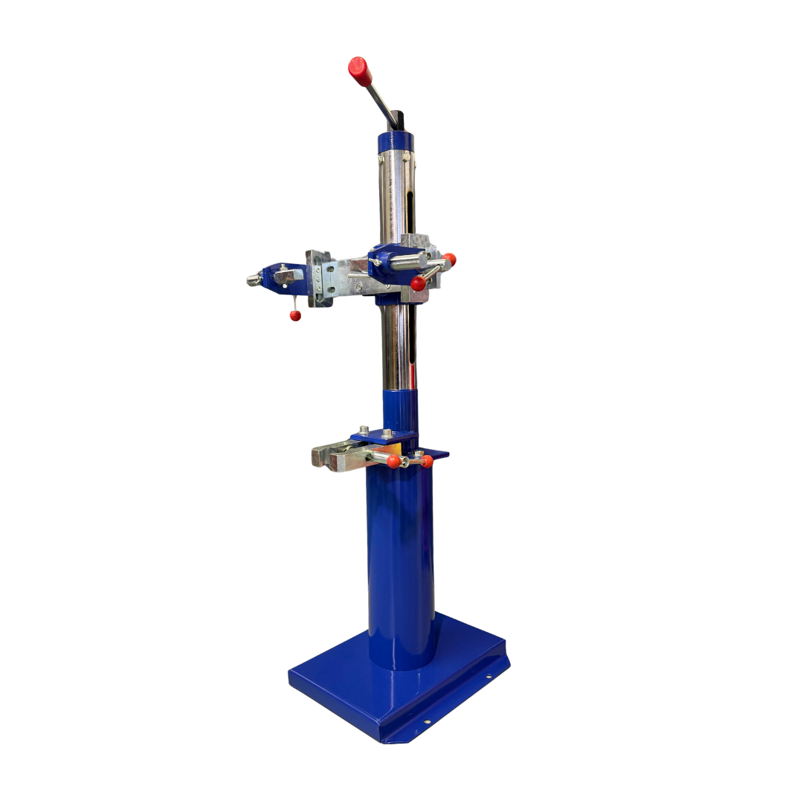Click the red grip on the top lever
360,71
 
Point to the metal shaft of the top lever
381,102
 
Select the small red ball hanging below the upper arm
295,315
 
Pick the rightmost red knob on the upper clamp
449,259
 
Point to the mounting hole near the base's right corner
489,676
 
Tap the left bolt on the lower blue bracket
364,430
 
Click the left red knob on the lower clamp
393,461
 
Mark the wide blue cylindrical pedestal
401,565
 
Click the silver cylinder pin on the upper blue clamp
409,261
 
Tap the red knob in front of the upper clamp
419,283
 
